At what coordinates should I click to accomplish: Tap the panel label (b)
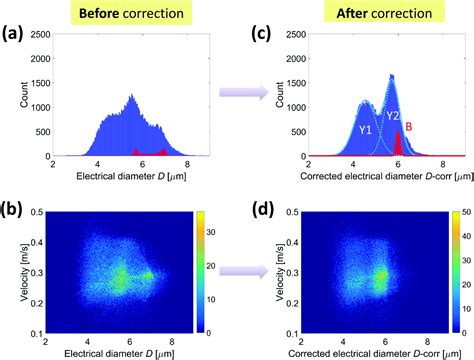tap(16, 207)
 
